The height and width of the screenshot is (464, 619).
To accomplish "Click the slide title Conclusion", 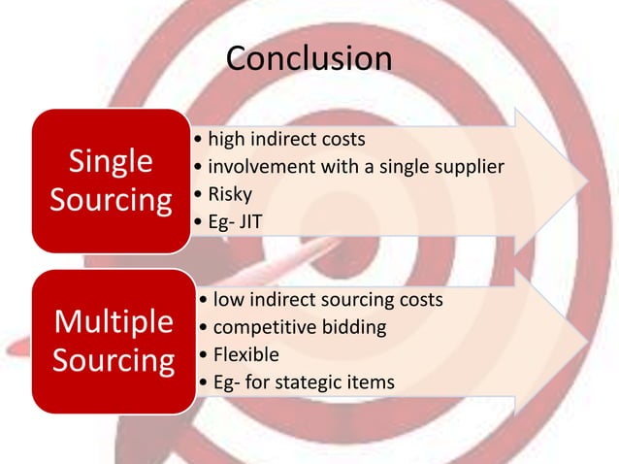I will pos(309,58).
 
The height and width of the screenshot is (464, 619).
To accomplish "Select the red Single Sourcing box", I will pos(111,181).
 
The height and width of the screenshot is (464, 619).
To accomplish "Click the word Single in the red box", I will pos(111,161).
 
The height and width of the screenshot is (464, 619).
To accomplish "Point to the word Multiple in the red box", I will pos(113,321).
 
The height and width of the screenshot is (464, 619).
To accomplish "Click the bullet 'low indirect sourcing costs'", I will pos(320,299).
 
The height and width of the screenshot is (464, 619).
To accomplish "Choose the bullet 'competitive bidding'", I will pos(291,327).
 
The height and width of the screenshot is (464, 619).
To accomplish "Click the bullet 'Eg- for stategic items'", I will pos(295,382).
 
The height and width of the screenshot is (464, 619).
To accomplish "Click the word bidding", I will pos(353,327).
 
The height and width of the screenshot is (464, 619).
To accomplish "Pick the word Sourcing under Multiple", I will pos(113,360).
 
